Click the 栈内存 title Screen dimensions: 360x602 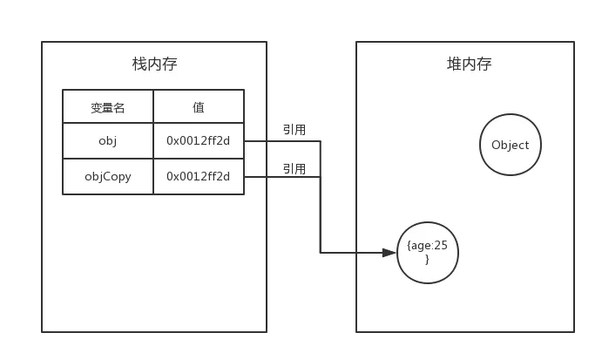[154, 64]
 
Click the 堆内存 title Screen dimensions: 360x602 [469, 64]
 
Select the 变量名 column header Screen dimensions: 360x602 [108, 107]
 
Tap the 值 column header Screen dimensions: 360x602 [199, 107]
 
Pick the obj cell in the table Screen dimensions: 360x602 [108, 141]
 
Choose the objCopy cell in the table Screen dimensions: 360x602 [108, 176]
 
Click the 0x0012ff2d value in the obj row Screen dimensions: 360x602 [199, 141]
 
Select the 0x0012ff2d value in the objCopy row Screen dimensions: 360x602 [199, 176]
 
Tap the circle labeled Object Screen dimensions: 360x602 [511, 145]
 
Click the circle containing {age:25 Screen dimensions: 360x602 [427, 253]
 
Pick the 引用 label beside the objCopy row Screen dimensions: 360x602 [293, 168]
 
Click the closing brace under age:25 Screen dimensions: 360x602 [427, 260]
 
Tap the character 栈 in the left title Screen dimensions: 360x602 [139, 64]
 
